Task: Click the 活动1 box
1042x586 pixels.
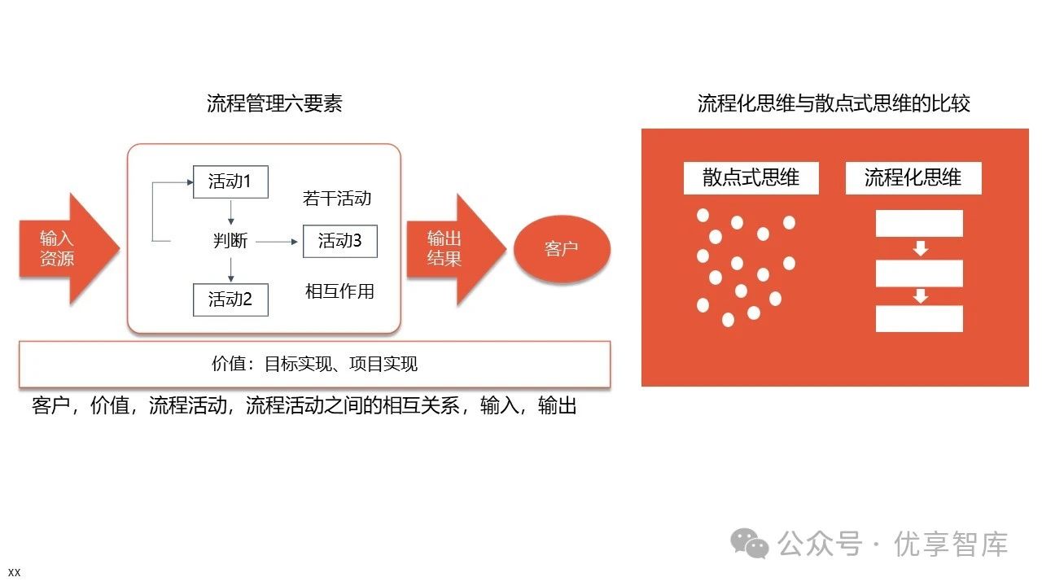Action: coord(230,181)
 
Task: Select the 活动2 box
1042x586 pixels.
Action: coord(230,299)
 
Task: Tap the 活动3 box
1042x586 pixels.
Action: coord(339,241)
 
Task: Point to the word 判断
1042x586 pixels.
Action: coord(230,241)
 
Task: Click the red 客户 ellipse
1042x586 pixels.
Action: coord(562,248)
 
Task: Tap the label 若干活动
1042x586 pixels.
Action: coord(337,198)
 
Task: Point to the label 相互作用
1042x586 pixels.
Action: coord(339,291)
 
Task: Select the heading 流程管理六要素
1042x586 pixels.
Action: coord(274,103)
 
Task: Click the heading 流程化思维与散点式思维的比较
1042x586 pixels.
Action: coord(834,103)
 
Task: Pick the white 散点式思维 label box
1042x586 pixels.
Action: coord(751,177)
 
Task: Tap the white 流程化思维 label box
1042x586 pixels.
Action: coord(913,177)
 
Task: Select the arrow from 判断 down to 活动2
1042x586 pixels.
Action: coord(231,269)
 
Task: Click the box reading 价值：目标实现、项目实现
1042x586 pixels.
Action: coord(314,364)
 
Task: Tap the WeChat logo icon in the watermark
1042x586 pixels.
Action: coord(749,544)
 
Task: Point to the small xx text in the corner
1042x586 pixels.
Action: coord(14,572)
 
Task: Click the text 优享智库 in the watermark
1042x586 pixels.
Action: coord(951,544)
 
